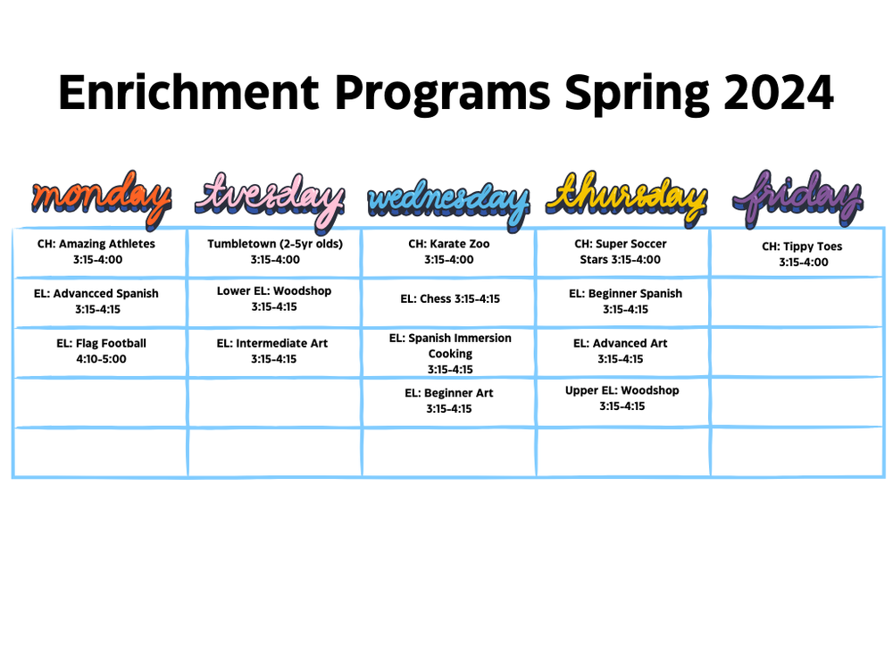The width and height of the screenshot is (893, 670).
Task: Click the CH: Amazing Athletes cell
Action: (96, 252)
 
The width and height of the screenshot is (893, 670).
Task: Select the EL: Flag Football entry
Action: (101, 351)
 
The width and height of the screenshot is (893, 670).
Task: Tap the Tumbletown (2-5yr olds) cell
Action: (275, 252)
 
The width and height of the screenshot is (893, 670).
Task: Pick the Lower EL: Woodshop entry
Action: (274, 299)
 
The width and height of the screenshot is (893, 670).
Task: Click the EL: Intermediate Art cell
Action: (272, 351)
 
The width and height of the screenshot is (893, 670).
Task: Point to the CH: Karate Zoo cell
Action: (449, 252)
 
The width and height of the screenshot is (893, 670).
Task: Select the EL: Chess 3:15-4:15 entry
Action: (449, 299)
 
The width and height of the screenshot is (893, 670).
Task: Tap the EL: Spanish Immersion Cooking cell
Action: (450, 354)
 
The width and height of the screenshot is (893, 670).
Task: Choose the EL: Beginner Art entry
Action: (449, 401)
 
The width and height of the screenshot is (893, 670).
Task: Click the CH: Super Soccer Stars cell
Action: (621, 252)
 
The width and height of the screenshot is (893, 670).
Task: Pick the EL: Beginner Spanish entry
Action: (625, 301)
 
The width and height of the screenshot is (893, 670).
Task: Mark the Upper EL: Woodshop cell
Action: (622, 398)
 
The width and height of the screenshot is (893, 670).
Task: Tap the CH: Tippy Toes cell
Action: (802, 255)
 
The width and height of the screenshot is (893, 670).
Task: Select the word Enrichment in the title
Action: (188, 92)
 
